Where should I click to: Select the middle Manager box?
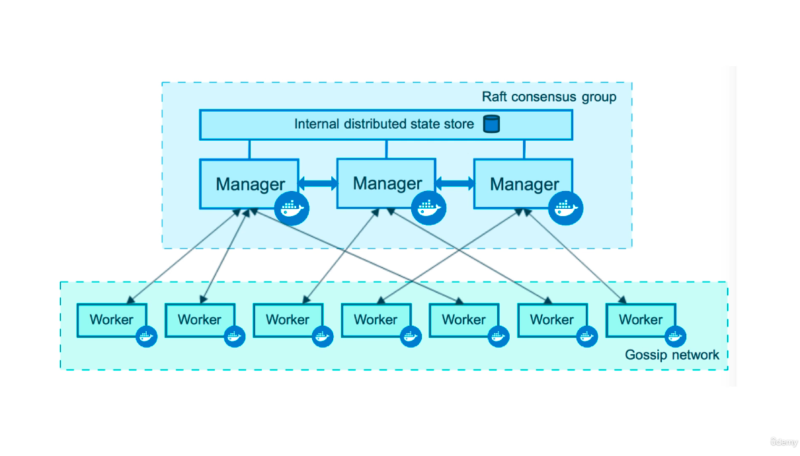pos(387,183)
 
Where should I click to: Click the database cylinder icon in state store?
pos(491,124)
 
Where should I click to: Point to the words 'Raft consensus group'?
pos(549,97)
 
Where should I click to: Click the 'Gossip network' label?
pos(672,355)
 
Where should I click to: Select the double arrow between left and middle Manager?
pos(318,183)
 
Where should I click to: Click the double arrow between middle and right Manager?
pos(455,183)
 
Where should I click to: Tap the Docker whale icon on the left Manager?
pos(292,209)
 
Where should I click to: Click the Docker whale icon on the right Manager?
pos(567,209)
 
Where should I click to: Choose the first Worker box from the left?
pos(112,320)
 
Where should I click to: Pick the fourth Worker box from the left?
pos(376,320)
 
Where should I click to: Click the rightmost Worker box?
pos(640,320)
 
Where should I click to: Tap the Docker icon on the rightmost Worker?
pos(675,336)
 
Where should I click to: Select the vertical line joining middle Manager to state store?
pos(386,149)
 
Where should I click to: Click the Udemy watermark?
pos(783,441)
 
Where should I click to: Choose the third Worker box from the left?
pos(288,320)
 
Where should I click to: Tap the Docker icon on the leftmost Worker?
pos(146,336)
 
